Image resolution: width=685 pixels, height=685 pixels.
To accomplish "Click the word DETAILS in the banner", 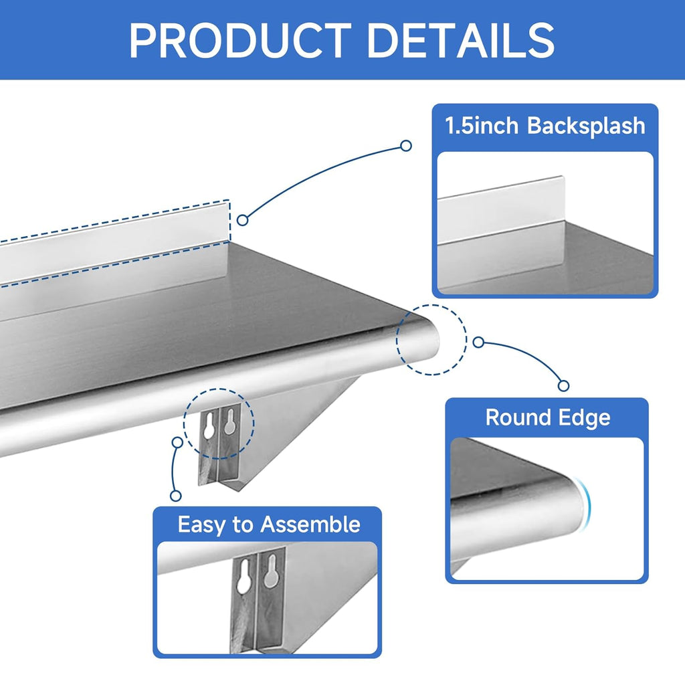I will tap(461, 40).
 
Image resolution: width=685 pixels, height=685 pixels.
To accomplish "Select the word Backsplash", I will tap(587, 126).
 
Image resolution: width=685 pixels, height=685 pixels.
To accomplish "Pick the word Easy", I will tap(201, 524).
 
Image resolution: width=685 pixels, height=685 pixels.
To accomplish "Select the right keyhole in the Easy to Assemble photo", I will tap(270, 569).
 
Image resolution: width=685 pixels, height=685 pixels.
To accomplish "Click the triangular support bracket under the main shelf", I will tap(294, 428).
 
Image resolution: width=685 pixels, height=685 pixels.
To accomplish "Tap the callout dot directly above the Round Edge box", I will tap(564, 385).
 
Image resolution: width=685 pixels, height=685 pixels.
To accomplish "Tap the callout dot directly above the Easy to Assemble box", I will tap(176, 495).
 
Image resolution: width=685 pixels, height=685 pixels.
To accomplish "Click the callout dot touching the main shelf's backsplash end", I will tap(243, 219).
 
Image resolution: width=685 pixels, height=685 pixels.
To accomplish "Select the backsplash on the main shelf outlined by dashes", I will tap(114, 251).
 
